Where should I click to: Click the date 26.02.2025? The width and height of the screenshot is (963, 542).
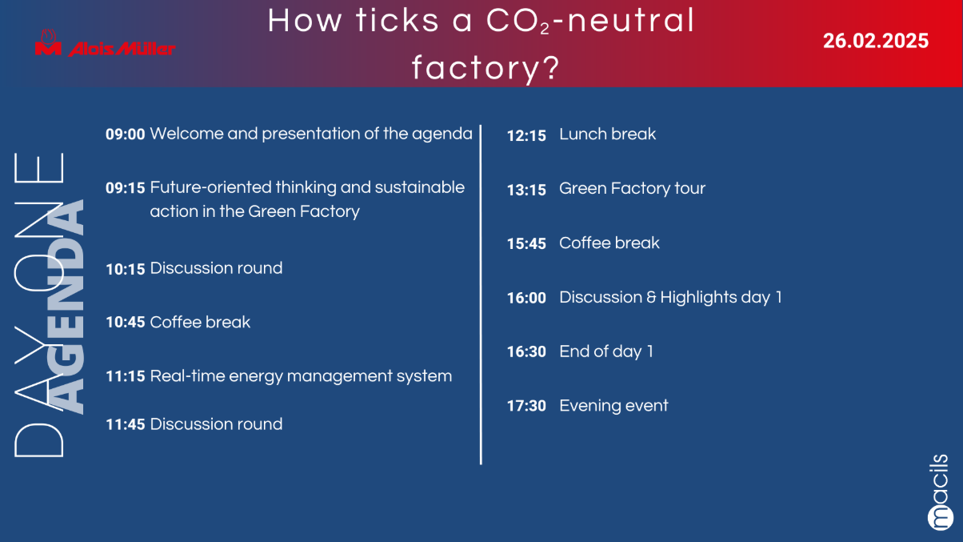(876, 41)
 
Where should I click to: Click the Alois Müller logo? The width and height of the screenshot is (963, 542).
(105, 43)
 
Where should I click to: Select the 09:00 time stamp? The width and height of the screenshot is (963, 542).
(125, 134)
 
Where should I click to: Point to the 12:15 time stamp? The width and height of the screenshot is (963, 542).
(526, 136)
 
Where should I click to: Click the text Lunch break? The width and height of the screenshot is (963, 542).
(607, 134)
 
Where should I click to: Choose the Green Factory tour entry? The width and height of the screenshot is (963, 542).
(632, 189)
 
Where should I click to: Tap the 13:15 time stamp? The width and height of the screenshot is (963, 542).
(526, 190)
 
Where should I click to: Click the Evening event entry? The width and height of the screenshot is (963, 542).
(613, 406)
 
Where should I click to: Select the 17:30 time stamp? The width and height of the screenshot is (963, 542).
(526, 406)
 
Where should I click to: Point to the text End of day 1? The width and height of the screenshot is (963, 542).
(606, 352)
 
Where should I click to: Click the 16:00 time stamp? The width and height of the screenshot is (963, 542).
(526, 298)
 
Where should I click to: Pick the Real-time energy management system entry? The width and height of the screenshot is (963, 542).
(301, 376)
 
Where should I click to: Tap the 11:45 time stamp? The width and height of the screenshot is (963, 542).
(125, 424)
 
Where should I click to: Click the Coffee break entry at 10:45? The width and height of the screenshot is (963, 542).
(200, 322)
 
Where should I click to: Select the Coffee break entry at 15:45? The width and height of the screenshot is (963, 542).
(609, 243)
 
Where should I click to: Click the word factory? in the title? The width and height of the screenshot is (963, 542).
(485, 68)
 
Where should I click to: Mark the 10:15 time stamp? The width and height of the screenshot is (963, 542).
(125, 269)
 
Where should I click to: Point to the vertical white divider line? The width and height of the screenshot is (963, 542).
(481, 295)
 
